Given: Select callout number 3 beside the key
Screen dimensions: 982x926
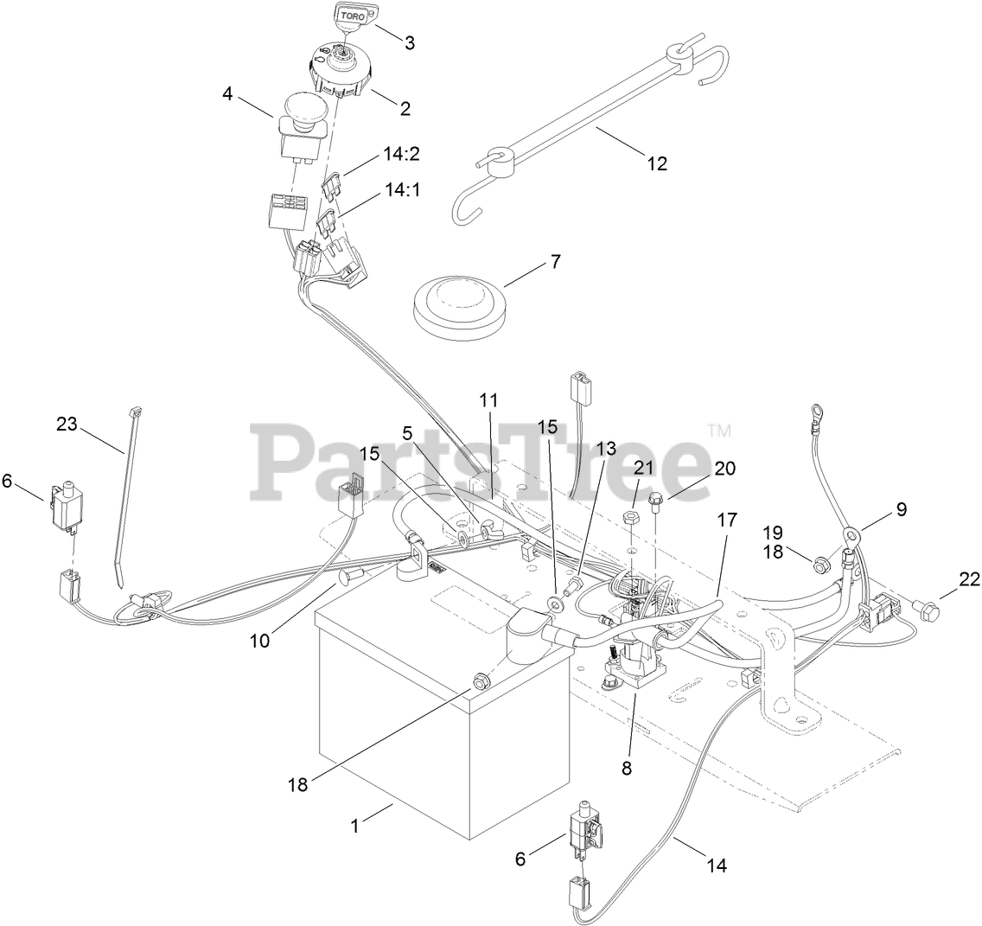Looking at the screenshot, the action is coord(410,42).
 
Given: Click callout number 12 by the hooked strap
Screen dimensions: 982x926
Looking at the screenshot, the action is coord(658,163).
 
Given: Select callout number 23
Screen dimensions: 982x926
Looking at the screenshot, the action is coord(67,424).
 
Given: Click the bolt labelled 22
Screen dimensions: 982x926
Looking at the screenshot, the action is coord(925,613).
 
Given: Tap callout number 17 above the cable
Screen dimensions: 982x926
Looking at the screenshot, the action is coord(727,520).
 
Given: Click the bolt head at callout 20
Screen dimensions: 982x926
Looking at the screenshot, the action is coord(656,496).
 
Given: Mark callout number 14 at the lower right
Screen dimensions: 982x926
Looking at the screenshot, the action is coord(716,864).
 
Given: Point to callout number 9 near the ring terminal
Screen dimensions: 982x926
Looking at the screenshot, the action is coord(901,509).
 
